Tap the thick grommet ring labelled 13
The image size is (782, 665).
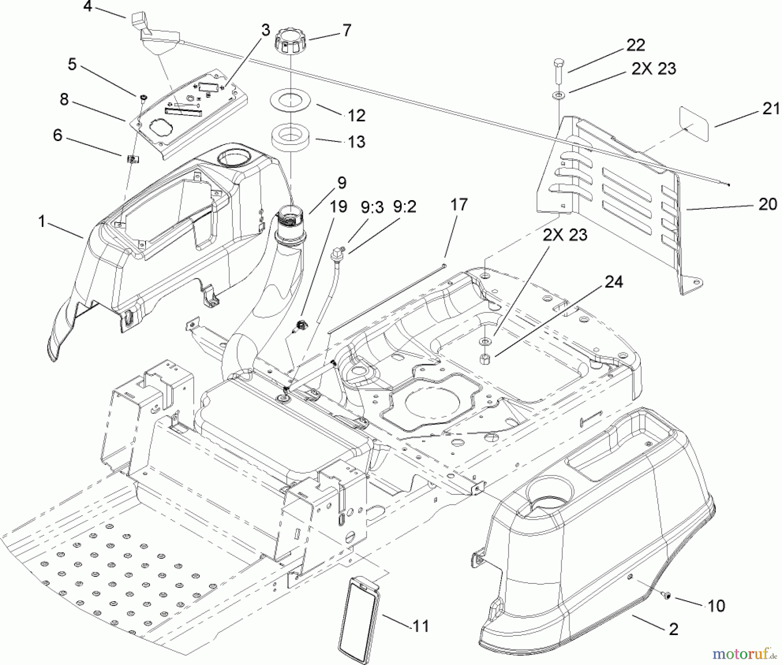coord(290,137)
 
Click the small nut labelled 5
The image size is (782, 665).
coord(142,99)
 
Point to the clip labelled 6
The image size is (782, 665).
coord(133,159)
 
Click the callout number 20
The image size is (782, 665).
coord(768,204)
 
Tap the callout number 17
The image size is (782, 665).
coord(459,204)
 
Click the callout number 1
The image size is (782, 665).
coord(42,222)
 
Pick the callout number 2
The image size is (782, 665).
coord(673,629)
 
